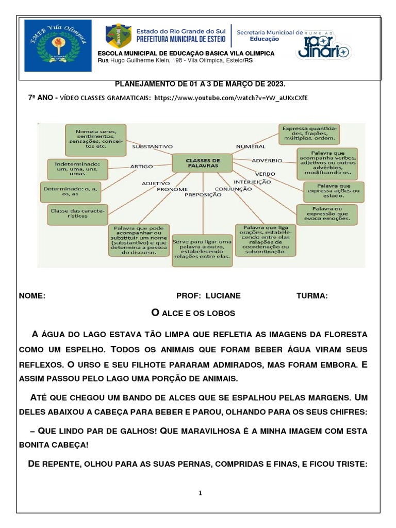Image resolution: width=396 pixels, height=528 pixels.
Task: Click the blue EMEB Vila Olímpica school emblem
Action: coord(58,46)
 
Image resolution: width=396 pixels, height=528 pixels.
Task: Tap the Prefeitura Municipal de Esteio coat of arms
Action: coord(118,38)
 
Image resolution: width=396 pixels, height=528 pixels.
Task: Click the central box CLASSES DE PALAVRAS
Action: coord(203,163)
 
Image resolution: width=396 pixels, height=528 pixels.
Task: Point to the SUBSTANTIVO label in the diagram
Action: coord(152,146)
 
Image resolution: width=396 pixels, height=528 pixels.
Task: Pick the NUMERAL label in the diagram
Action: coord(251,146)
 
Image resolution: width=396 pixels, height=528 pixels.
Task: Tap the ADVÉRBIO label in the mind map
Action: coord(267,160)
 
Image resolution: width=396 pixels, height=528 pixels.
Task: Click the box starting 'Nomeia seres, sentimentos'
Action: coord(95,139)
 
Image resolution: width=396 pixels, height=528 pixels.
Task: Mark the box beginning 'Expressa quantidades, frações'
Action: coord(309,134)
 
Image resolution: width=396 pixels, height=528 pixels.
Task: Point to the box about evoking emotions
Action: coord(327,213)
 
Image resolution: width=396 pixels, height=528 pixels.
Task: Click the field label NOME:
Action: coord(32,296)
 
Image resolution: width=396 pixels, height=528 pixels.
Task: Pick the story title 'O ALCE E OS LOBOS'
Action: coord(193,313)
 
